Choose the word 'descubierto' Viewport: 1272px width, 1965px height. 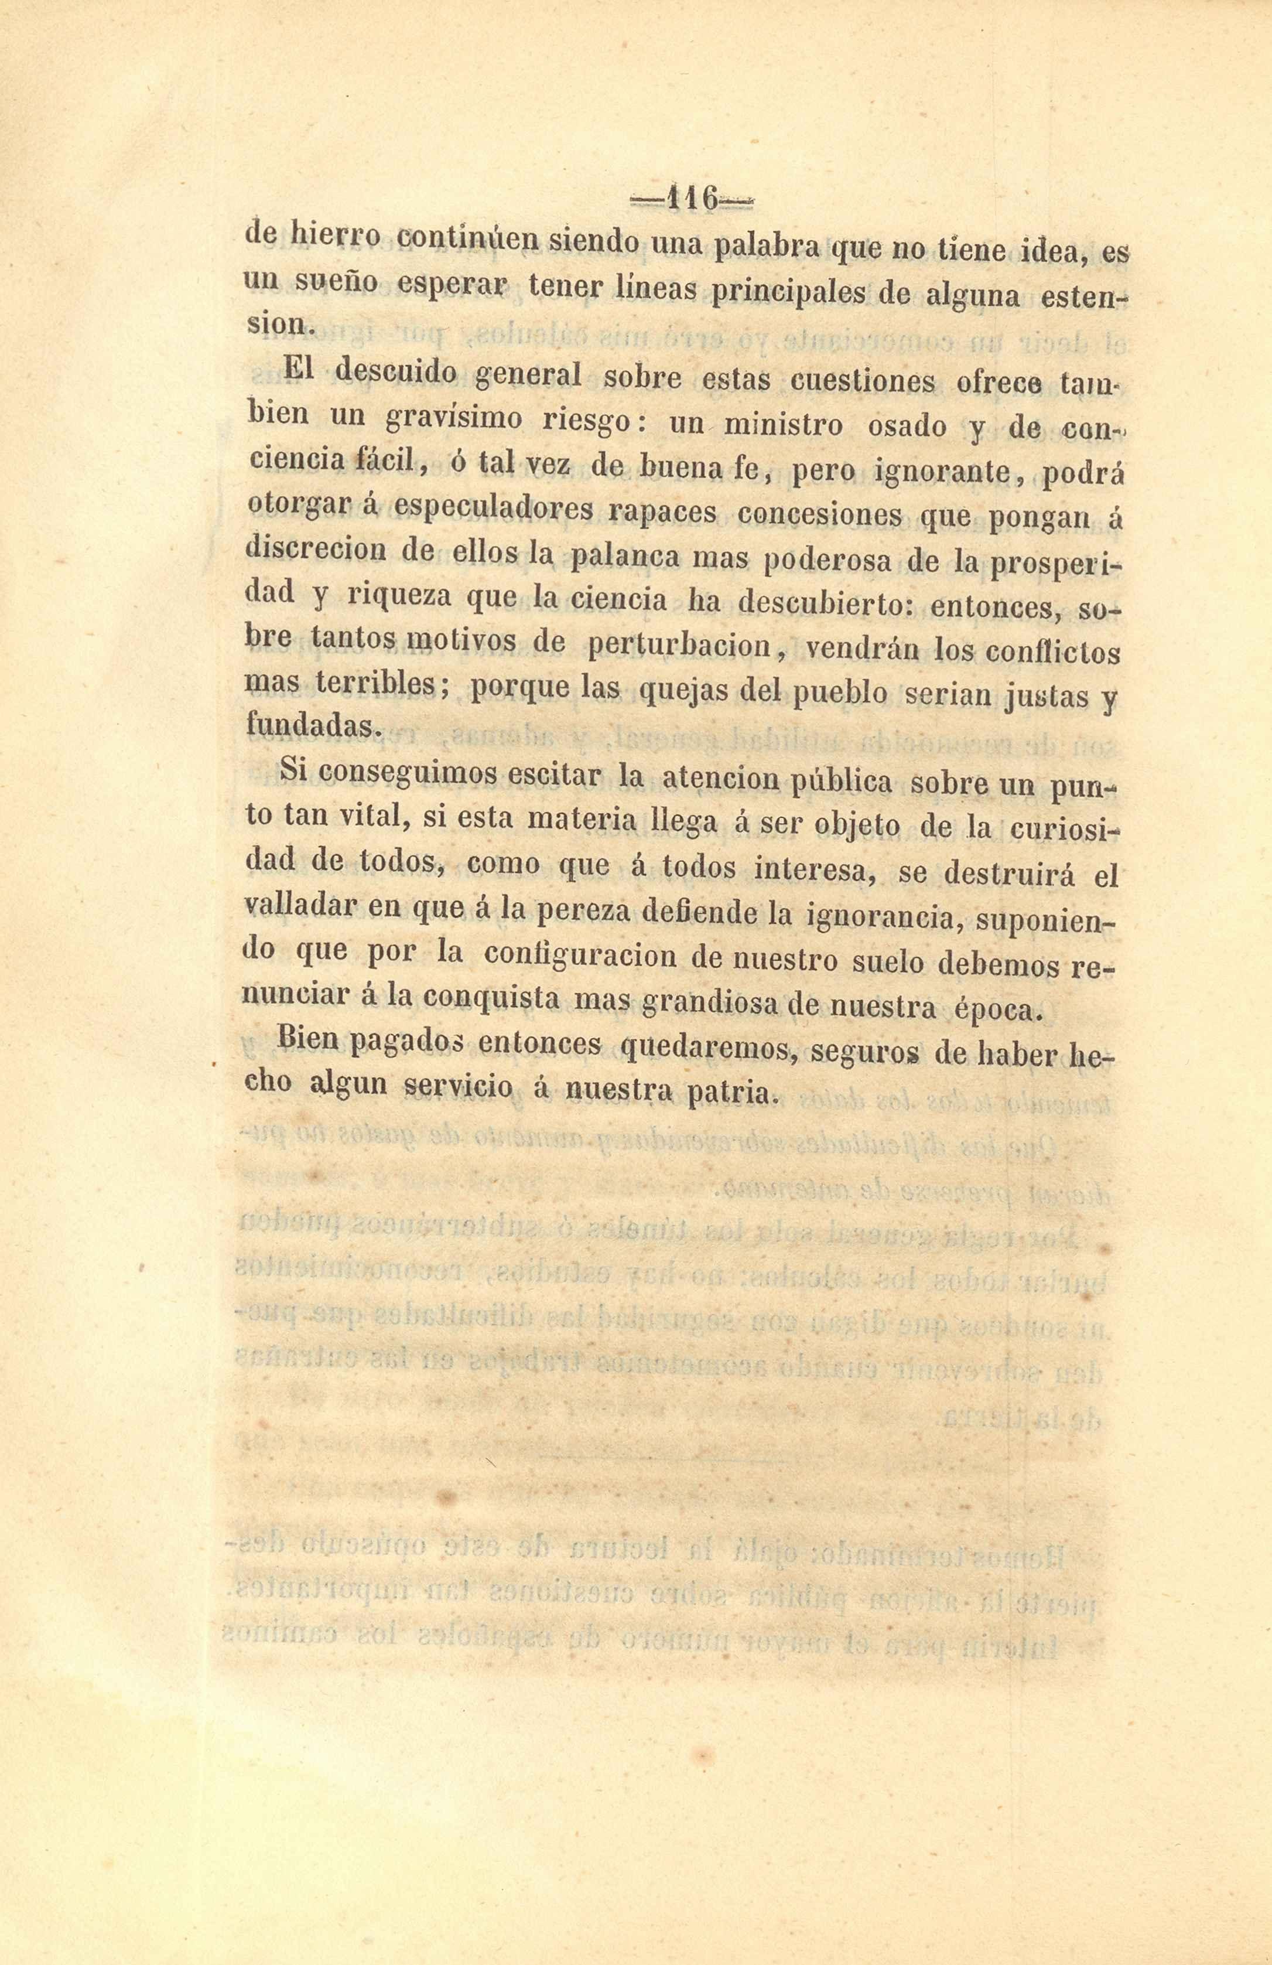click(x=825, y=603)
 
